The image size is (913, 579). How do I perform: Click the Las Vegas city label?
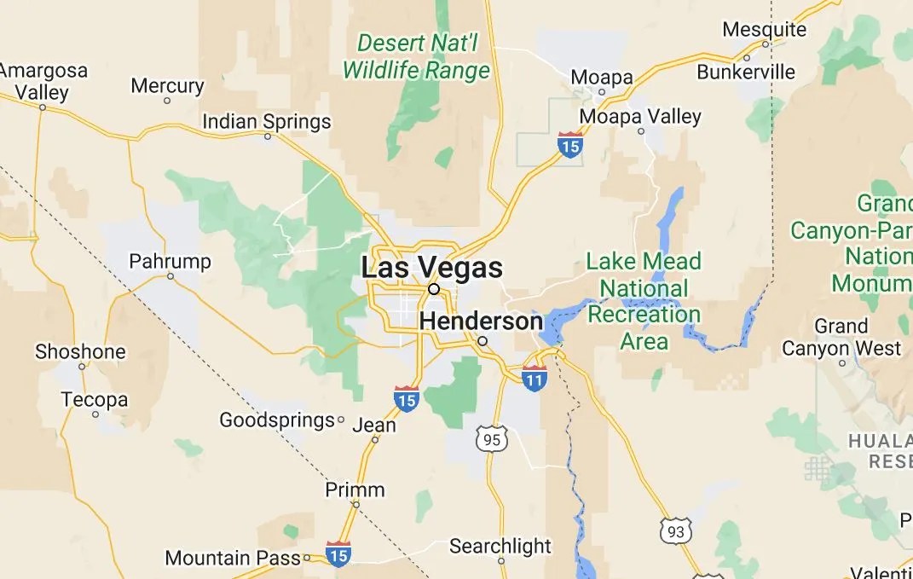coord(431,267)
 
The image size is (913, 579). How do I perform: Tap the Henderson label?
coord(481,321)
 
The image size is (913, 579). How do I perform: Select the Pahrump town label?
coord(170,260)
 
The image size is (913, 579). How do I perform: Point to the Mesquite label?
coord(764,29)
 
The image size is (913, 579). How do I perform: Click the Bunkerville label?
coord(746,72)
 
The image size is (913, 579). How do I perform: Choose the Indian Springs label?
coord(266,122)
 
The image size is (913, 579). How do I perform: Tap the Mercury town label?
coord(167,86)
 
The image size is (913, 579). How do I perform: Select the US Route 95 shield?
coord(492,439)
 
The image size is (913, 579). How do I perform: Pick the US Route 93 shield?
coord(676,530)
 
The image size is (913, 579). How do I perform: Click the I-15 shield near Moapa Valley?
coord(570,144)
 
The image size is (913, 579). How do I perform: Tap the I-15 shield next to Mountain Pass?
coord(338,553)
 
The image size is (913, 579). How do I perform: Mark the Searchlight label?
coord(500,546)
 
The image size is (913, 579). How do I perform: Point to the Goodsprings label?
coord(277,420)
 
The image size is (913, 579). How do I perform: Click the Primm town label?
coord(355,489)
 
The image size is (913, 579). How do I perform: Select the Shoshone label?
coord(80,351)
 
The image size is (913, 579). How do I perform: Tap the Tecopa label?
coord(95,399)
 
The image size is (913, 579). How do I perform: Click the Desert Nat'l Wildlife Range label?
coord(417,56)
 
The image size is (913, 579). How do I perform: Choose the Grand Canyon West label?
coord(841,338)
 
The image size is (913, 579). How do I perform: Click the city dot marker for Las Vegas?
coord(434,289)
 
